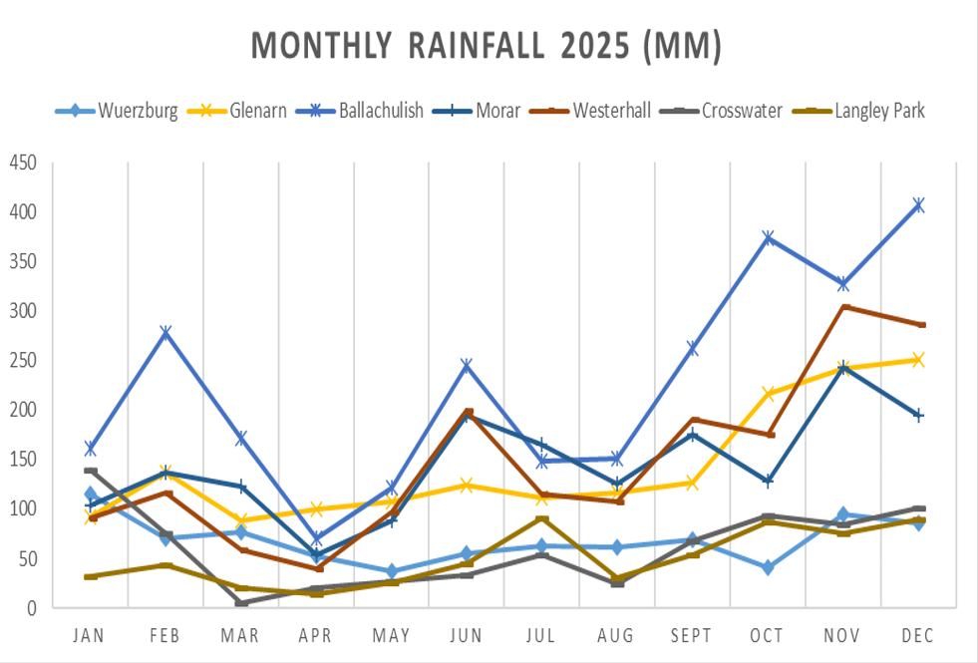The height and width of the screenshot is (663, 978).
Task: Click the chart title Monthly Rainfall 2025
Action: pos(486,47)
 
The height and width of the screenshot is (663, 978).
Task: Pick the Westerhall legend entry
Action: pos(612,111)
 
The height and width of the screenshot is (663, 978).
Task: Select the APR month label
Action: pos(316,636)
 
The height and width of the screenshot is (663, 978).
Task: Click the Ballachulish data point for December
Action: pos(918,205)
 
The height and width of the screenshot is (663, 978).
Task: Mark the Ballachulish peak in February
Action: pos(166,332)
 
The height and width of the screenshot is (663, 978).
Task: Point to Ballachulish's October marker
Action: pos(768,238)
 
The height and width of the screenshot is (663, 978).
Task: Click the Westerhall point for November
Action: pos(843,307)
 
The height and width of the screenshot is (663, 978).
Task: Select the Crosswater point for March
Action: pos(241,603)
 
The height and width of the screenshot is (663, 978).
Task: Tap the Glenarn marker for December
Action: pos(918,360)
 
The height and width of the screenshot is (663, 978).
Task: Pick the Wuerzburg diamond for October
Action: pos(768,567)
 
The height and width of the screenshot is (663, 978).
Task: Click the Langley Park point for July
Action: pos(542,518)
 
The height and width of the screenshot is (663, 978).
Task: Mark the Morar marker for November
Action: pos(843,367)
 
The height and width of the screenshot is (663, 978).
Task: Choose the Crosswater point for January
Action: pos(91,471)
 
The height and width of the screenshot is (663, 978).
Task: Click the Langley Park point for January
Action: pos(91,576)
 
